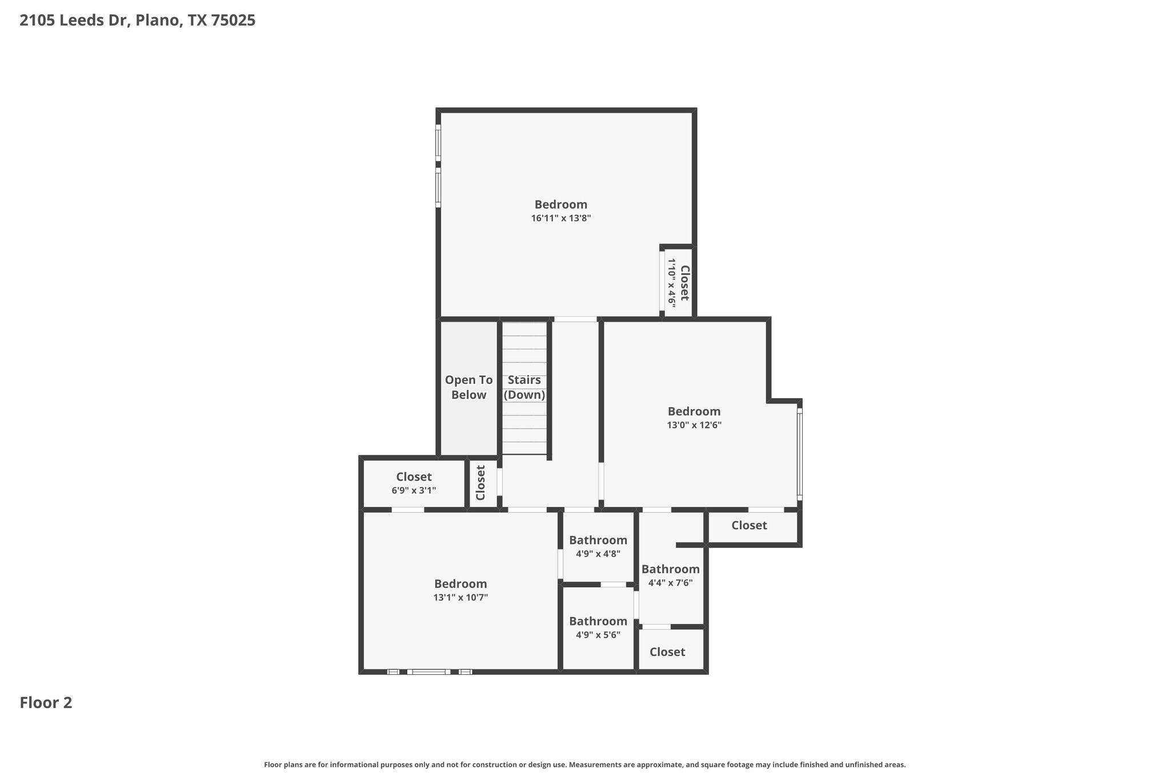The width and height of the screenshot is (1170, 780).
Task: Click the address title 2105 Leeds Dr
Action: (x=137, y=21)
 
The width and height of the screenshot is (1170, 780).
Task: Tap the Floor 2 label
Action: (x=46, y=702)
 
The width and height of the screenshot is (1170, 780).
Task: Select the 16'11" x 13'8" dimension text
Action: (x=560, y=218)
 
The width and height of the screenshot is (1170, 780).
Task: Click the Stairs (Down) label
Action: (x=524, y=387)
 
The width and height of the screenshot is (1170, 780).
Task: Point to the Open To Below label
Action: (x=468, y=387)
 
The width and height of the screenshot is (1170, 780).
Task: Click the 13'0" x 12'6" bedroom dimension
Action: (x=694, y=425)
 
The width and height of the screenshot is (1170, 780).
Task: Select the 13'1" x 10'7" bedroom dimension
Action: (x=460, y=598)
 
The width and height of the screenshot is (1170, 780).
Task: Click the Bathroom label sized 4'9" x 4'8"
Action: (x=598, y=540)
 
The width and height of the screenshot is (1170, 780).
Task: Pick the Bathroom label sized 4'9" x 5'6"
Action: (x=598, y=621)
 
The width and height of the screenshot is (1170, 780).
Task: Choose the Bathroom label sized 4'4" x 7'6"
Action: (x=670, y=569)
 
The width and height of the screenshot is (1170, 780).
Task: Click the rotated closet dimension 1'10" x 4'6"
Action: (x=672, y=283)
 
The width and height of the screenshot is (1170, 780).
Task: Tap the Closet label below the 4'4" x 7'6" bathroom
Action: (x=667, y=652)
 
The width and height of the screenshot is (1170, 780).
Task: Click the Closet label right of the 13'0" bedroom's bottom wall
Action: (x=748, y=525)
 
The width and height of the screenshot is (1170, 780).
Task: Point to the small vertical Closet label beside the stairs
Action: (x=480, y=482)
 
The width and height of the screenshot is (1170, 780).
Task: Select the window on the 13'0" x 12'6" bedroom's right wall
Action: (x=799, y=454)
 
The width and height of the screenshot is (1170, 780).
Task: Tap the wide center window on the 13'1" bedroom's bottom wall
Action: (x=428, y=672)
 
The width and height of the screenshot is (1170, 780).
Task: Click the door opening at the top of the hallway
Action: (x=575, y=319)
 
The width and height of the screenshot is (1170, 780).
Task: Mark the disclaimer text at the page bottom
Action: (x=584, y=765)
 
